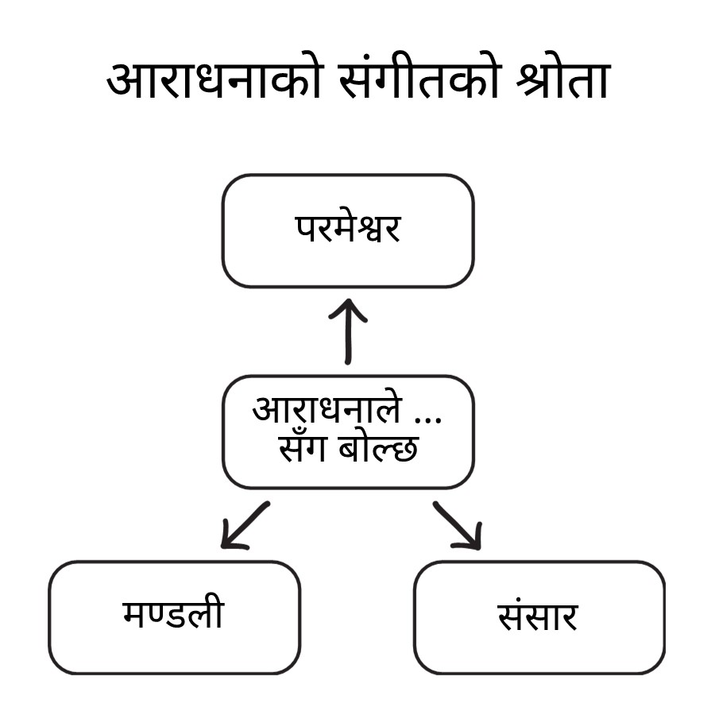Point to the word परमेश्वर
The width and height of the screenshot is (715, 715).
348,230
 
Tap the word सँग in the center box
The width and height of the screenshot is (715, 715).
304,450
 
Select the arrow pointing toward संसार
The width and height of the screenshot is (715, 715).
457,525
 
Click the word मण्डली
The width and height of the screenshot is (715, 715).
174,615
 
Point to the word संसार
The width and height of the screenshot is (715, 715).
539,616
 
